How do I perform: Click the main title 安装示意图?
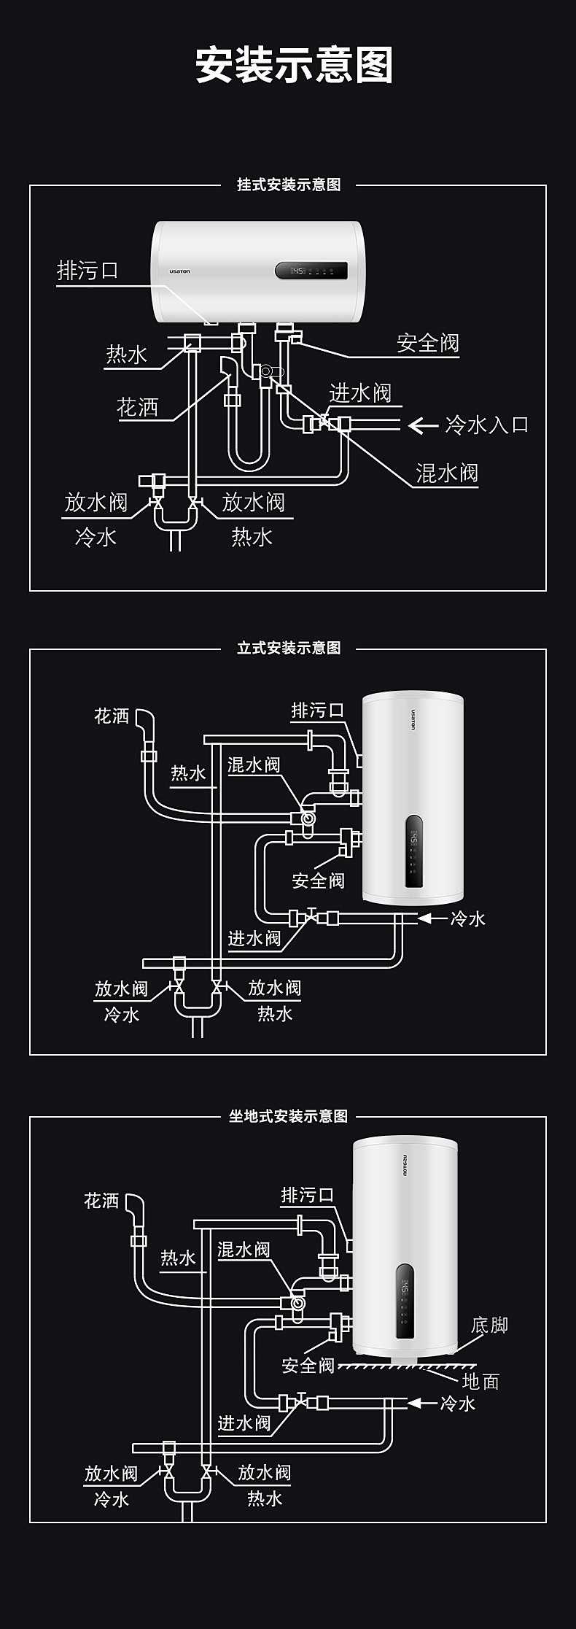(x=294, y=66)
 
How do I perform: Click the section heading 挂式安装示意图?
(x=288, y=185)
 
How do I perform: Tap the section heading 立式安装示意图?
(x=288, y=648)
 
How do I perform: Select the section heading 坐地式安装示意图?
(x=288, y=1116)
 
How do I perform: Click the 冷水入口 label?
(x=487, y=425)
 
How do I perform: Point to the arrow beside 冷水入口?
(x=422, y=425)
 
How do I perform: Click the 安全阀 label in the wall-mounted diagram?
(x=428, y=343)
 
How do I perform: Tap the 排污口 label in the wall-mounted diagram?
(x=87, y=271)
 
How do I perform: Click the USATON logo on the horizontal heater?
(x=179, y=271)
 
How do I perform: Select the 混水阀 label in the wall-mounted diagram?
(x=447, y=473)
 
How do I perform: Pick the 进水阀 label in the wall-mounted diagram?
(x=360, y=393)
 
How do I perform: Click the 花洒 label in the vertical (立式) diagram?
(x=112, y=716)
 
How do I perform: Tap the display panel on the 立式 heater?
(x=413, y=851)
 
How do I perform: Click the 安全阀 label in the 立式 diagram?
(x=318, y=881)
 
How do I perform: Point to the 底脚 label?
(x=489, y=1325)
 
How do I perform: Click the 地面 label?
(x=480, y=1381)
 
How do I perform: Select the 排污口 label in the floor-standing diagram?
(x=307, y=1195)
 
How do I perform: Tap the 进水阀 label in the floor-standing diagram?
(x=244, y=1423)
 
